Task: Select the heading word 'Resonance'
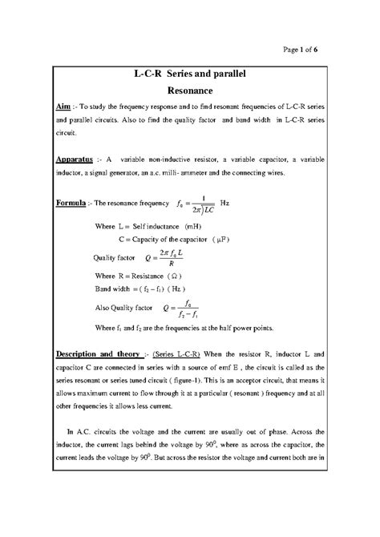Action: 189,91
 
